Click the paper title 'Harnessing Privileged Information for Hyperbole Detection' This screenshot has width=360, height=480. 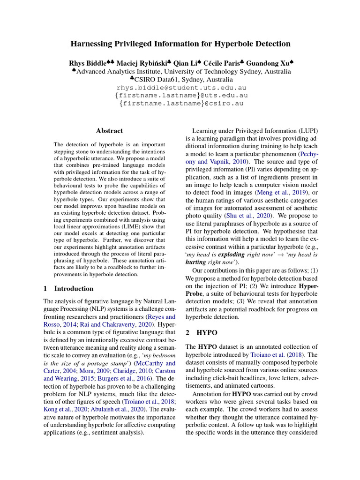(x=180, y=44)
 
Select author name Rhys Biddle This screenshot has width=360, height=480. (x=89, y=63)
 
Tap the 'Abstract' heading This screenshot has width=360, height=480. (x=109, y=131)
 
